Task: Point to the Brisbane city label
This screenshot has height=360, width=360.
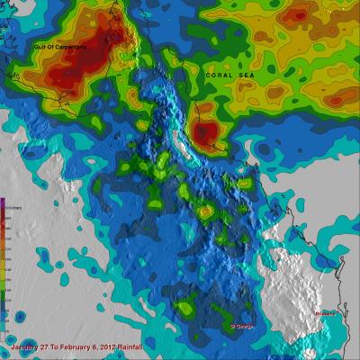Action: coord(329,313)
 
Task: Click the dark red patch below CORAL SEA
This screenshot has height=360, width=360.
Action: coord(208,133)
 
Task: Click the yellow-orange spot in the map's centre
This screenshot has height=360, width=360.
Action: coord(205,212)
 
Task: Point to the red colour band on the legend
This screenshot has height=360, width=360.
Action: coord(4,225)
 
